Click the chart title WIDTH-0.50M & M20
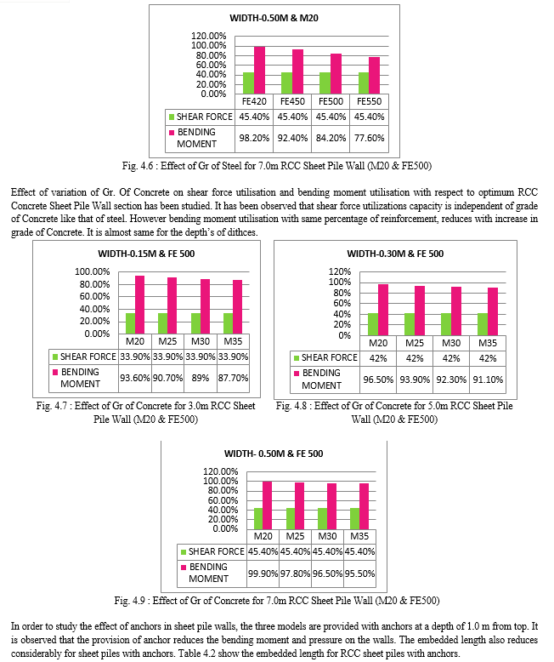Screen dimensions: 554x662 tap(274, 18)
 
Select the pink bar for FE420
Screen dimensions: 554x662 tap(259, 70)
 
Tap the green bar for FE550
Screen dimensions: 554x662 tap(364, 83)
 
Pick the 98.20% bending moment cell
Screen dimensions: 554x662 tap(254, 138)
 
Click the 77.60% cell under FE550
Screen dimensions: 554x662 tap(370, 138)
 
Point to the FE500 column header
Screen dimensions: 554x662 tap(331, 101)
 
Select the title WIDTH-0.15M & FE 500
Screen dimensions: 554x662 tap(146, 254)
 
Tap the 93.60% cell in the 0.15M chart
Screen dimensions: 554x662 tap(135, 378)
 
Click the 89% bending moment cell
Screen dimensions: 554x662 tap(201, 378)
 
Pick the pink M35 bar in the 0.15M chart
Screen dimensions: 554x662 tap(238, 307)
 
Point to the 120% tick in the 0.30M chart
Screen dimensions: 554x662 tap(339, 271)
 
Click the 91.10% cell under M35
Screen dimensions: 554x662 tap(488, 380)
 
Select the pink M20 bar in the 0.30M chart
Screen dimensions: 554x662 tap(383, 310)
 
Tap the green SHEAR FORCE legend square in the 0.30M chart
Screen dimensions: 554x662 tap(297, 358)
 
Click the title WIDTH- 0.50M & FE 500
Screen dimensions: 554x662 tap(274, 454)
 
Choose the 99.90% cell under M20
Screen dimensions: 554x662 tap(263, 574)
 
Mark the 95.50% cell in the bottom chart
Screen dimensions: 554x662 tap(359, 574)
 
